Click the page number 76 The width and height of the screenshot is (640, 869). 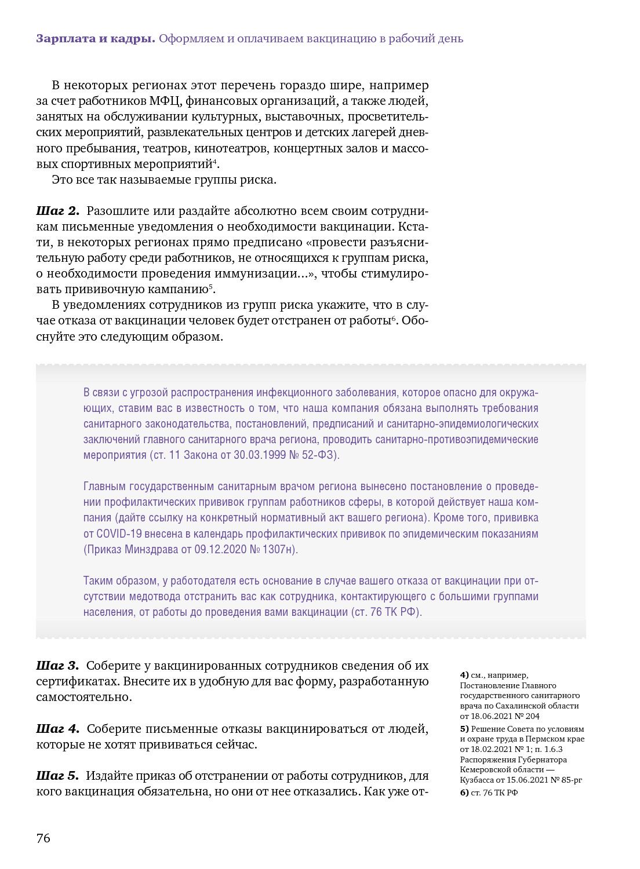pyautogui.click(x=43, y=838)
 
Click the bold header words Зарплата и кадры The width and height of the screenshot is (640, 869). pyautogui.click(x=95, y=39)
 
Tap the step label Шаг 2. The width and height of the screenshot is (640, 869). pyautogui.click(x=57, y=211)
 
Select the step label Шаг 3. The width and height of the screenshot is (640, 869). pyautogui.click(x=57, y=666)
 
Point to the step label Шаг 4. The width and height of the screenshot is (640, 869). pyautogui.click(x=57, y=729)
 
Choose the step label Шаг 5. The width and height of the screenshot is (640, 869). pyautogui.click(x=57, y=776)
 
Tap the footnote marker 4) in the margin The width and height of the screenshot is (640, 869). pyautogui.click(x=464, y=675)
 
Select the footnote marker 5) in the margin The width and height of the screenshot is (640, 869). pyautogui.click(x=464, y=729)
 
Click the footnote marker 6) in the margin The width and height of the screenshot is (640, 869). pyautogui.click(x=464, y=793)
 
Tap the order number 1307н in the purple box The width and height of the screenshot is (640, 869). pyautogui.click(x=279, y=550)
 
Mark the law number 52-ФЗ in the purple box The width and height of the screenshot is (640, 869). pyautogui.click(x=318, y=455)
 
